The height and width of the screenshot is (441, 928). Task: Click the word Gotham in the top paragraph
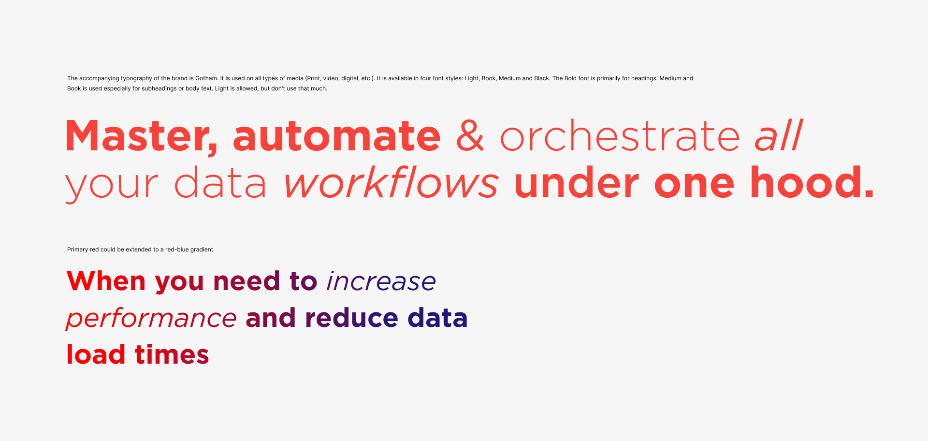pyautogui.click(x=206, y=78)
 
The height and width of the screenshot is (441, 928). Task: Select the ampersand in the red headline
pyautogui.click(x=470, y=136)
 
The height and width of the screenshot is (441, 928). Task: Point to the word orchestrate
pyautogui.click(x=620, y=136)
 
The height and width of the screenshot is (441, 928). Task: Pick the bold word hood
pyautogui.click(x=812, y=182)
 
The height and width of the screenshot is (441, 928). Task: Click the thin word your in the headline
pyautogui.click(x=112, y=186)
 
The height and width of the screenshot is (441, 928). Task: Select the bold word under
pyautogui.click(x=577, y=182)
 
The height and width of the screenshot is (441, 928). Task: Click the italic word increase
pyautogui.click(x=381, y=281)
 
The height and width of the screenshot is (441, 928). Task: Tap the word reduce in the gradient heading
pyautogui.click(x=352, y=318)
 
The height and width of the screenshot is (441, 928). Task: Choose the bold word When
pyautogui.click(x=106, y=281)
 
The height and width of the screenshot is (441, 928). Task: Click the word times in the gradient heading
pyautogui.click(x=172, y=354)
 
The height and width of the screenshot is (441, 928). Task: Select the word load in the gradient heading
pyautogui.click(x=96, y=354)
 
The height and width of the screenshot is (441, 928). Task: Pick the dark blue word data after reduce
pyautogui.click(x=438, y=318)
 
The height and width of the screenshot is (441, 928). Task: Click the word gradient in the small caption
pyautogui.click(x=202, y=250)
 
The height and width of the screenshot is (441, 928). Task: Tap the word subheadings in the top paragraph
pyautogui.click(x=159, y=88)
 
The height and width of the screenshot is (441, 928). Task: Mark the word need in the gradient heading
pyautogui.click(x=246, y=281)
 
